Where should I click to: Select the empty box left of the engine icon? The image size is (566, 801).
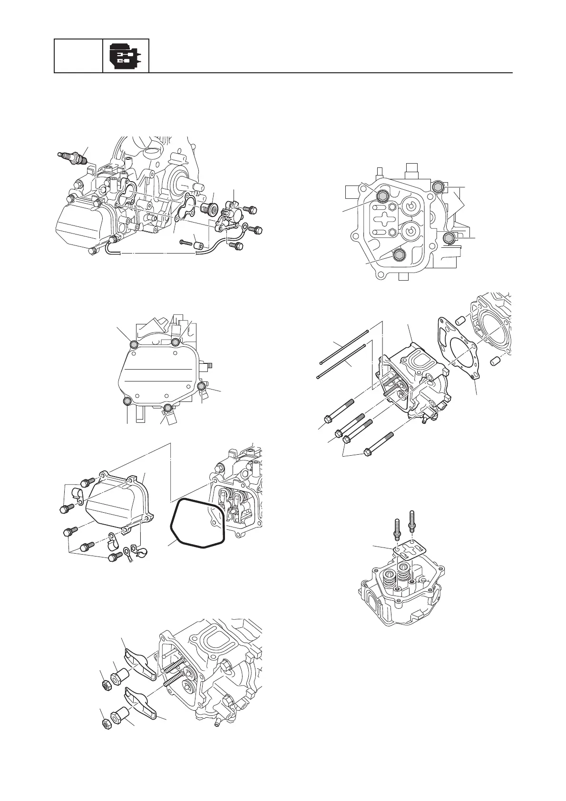pos(78,56)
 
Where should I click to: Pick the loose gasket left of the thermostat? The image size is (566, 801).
pos(185,209)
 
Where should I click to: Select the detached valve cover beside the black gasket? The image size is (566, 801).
pos(117,504)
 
